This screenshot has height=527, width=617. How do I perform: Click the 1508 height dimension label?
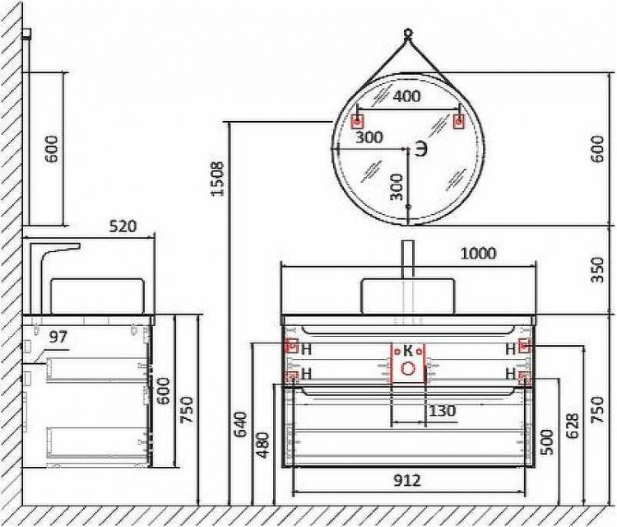[x=217, y=178]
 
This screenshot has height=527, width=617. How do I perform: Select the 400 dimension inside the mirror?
[x=406, y=96]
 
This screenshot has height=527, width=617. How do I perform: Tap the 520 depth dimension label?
[x=121, y=226]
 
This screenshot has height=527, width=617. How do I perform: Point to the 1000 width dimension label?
[x=478, y=253]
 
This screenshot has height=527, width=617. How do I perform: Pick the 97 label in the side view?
[x=58, y=337]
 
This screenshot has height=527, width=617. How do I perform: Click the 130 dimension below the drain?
[x=442, y=410]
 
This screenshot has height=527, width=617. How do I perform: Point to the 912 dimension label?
[x=406, y=480]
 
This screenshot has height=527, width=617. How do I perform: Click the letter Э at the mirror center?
[x=420, y=150]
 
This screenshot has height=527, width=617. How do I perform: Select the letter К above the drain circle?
[x=407, y=350]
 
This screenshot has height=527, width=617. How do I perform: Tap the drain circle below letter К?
[x=407, y=368]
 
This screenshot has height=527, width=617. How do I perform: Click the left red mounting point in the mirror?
[x=357, y=122]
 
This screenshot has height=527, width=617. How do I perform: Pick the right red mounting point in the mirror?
[x=459, y=122]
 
